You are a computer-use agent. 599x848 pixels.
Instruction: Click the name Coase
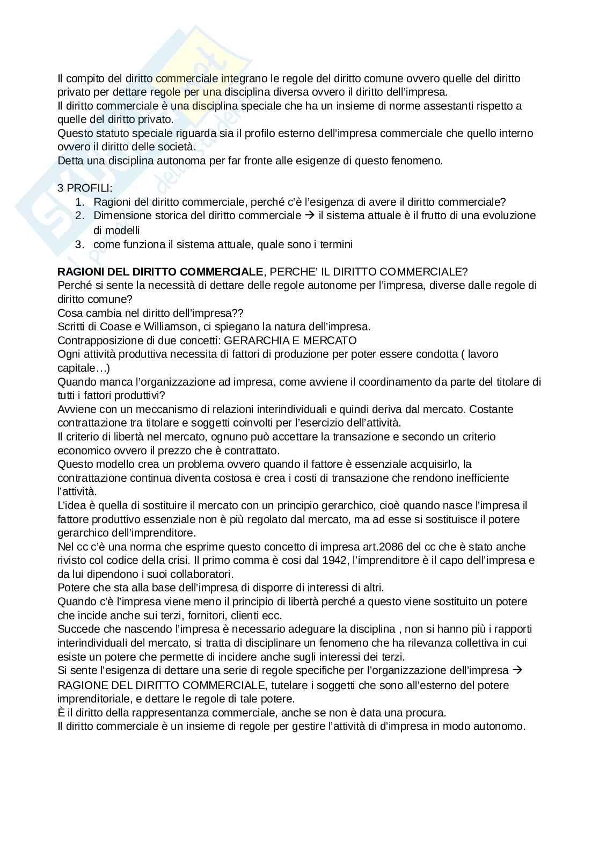pyautogui.click(x=112, y=327)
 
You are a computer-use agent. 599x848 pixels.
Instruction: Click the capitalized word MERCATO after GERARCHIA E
pyautogui.click(x=330, y=340)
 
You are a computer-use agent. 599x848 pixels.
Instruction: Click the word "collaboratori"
pyautogui.click(x=199, y=574)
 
